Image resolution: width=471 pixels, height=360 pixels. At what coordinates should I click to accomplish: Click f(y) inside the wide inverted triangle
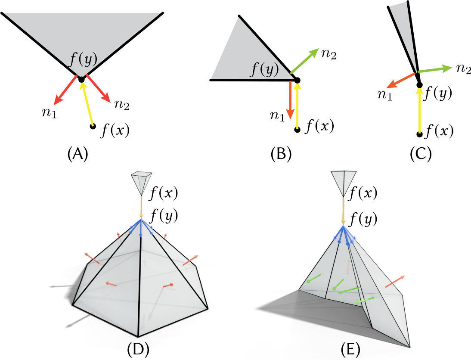coord(84,60)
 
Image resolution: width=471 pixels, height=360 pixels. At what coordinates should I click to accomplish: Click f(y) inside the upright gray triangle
coord(264,69)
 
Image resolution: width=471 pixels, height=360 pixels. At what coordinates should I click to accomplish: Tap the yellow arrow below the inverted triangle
coord(87,104)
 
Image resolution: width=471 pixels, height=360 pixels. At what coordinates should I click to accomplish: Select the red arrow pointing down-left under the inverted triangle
coord(65,90)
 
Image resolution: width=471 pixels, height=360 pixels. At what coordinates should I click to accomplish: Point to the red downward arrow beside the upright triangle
coord(290,99)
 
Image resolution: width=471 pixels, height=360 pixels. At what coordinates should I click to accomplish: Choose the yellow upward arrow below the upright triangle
coord(297,106)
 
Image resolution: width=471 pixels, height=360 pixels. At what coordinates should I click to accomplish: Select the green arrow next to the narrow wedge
coord(435,69)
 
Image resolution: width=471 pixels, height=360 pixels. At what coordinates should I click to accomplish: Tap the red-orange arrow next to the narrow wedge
coord(400,81)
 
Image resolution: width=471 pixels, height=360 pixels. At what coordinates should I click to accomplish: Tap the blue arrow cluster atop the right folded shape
coord(344,235)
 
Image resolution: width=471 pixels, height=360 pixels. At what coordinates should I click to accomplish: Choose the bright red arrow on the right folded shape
coord(395,281)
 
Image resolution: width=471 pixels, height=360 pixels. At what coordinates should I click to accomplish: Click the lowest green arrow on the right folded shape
coord(364,300)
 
